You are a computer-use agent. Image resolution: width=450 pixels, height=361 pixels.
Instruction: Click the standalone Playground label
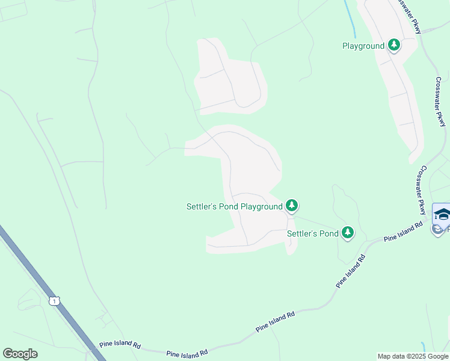(363, 46)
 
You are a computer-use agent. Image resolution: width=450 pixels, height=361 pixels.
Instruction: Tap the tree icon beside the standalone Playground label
(394, 45)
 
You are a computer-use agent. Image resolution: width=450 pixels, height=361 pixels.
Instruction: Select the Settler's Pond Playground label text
(234, 206)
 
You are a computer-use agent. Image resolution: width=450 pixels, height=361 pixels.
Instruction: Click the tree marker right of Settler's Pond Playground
(292, 206)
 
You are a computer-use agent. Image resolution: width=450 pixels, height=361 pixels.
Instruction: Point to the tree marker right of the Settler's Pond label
(347, 233)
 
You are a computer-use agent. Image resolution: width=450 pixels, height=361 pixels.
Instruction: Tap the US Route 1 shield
(55, 300)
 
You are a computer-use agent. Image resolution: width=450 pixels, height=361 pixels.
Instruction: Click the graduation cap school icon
(442, 214)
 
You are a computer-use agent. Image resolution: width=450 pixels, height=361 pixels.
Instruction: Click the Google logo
(20, 354)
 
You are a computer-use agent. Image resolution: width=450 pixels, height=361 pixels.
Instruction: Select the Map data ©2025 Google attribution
(413, 356)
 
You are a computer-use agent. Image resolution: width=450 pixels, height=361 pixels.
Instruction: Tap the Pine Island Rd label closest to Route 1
(120, 346)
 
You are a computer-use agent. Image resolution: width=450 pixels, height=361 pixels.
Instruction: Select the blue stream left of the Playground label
(349, 14)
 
